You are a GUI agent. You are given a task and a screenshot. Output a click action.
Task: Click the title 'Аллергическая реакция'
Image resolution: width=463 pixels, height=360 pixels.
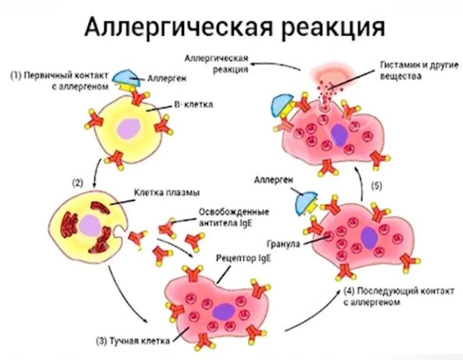pyautogui.click(x=234, y=27)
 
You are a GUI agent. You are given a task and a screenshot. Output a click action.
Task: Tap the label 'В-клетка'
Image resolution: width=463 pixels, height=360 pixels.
pyautogui.click(x=193, y=104)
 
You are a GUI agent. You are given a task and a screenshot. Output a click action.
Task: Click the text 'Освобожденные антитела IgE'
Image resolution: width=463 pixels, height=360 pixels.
pyautogui.click(x=233, y=215)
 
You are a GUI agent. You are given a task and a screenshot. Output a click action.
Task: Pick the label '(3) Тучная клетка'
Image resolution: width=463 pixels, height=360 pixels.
pyautogui.click(x=132, y=340)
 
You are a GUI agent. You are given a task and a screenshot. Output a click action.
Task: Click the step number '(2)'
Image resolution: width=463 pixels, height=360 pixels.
pyautogui.click(x=77, y=183)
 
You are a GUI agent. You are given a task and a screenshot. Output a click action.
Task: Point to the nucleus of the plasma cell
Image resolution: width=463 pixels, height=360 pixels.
pyautogui.click(x=90, y=224)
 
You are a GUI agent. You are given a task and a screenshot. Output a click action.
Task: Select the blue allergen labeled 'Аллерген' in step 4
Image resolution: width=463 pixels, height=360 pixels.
pyautogui.click(x=305, y=201)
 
